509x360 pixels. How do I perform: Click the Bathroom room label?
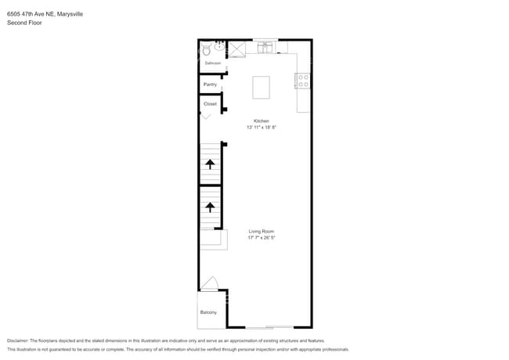pos(213,63)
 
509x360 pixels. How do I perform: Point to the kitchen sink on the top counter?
pos(266,47)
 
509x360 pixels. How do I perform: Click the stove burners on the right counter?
pos(302,80)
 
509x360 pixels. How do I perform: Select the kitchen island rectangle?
pos(261,87)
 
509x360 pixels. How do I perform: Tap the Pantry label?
pos(210,85)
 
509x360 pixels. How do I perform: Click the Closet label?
pos(210,104)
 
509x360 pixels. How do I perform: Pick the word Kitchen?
pos(261,121)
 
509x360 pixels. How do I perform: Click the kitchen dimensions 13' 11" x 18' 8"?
pos(261,128)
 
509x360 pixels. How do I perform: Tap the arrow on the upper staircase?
pos(210,164)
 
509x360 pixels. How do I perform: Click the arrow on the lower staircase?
pos(210,207)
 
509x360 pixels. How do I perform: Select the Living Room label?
pos(262,232)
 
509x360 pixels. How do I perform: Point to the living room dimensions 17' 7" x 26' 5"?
pos(262,238)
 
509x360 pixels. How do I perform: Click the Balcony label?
pos(208,313)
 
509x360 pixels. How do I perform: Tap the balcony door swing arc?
pos(208,283)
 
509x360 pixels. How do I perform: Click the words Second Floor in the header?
pos(24,23)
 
